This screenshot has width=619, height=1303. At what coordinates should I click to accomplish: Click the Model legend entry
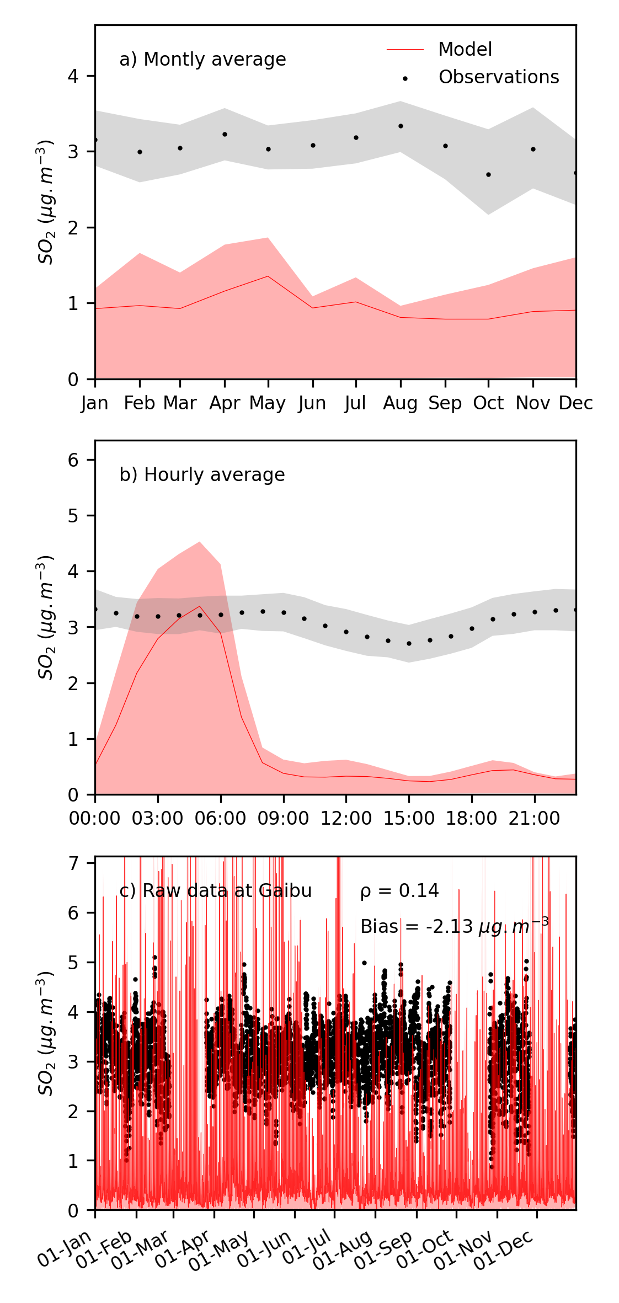(465, 50)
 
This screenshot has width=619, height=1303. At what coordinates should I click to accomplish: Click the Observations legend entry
(498, 77)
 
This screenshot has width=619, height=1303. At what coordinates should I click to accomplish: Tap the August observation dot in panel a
(401, 126)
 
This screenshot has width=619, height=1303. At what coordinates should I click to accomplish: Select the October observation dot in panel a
(488, 175)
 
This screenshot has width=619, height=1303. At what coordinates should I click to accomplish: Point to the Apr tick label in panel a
(225, 403)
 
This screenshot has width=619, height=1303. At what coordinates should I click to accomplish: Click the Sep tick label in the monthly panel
(445, 403)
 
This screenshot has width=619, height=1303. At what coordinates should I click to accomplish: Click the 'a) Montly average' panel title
(202, 60)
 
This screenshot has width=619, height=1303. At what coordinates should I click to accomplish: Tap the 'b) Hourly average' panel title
(202, 475)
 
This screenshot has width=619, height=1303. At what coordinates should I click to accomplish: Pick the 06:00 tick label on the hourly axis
(221, 819)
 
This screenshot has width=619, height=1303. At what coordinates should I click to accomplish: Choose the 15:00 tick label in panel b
(409, 819)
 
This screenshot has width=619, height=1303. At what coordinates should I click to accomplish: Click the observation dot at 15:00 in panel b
(409, 644)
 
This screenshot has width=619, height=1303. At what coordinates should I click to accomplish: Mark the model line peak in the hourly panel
(200, 606)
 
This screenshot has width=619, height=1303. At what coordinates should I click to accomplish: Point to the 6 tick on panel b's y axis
(73, 460)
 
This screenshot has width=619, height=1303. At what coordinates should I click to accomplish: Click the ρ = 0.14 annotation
(399, 891)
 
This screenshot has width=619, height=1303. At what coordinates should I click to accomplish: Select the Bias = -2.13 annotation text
(454, 927)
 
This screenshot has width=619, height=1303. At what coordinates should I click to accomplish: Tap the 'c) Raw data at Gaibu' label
(216, 891)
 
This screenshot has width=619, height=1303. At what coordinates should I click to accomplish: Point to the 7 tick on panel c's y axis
(73, 863)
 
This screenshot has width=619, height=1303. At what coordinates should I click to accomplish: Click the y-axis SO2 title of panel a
(46, 202)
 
